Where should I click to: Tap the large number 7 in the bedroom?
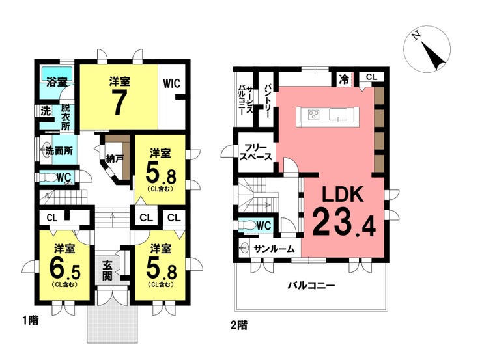(x=118, y=102)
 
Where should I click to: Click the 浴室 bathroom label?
(x=57, y=82)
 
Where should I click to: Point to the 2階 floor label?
(x=238, y=324)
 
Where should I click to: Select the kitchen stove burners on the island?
(x=313, y=117)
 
